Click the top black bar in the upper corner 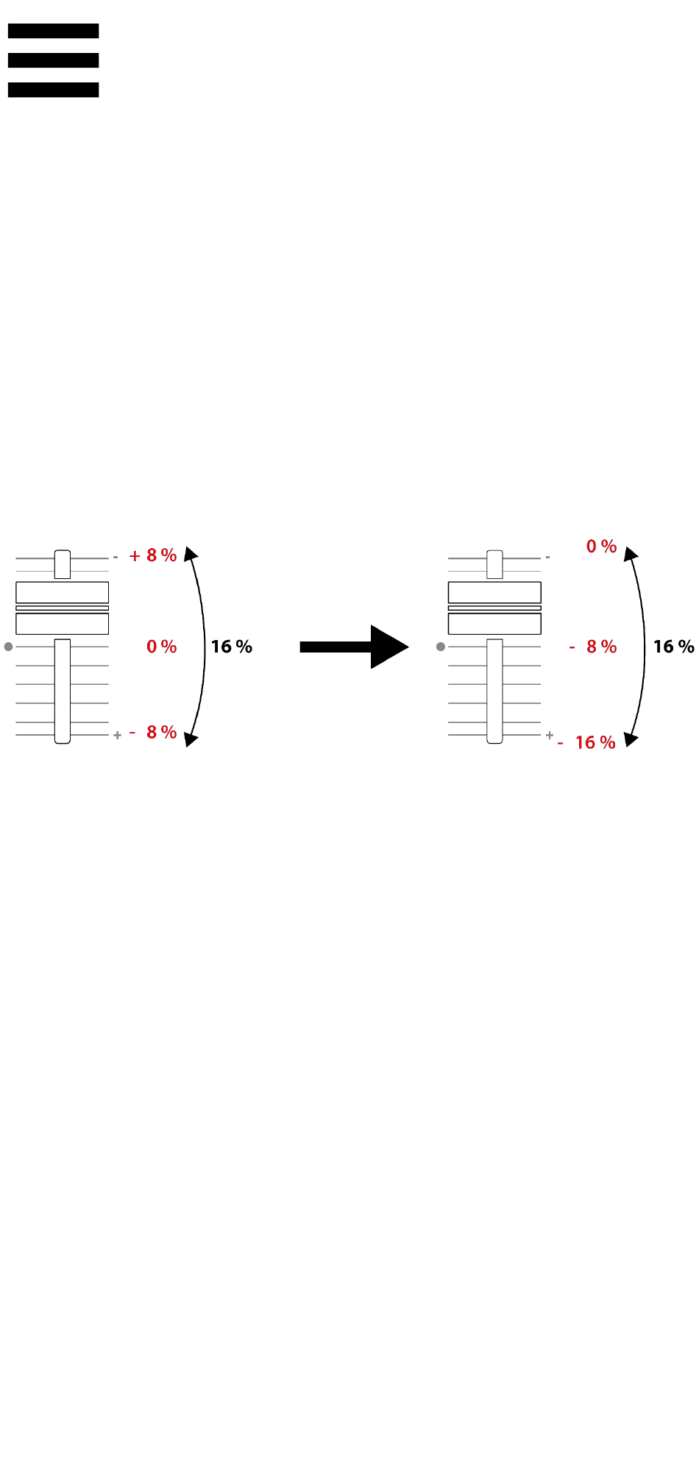pyautogui.click(x=53, y=31)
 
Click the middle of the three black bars pyautogui.click(x=53, y=60)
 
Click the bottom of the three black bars pyautogui.click(x=53, y=90)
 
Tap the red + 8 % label pyautogui.click(x=153, y=555)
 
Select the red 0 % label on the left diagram pyautogui.click(x=162, y=647)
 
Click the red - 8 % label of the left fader pyautogui.click(x=153, y=732)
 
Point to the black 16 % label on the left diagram pyautogui.click(x=231, y=647)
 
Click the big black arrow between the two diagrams pyautogui.click(x=354, y=647)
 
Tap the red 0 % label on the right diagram pyautogui.click(x=601, y=547)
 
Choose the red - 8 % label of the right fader pyautogui.click(x=593, y=647)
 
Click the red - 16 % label pyautogui.click(x=586, y=742)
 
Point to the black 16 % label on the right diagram pyautogui.click(x=673, y=647)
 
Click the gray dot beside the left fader pyautogui.click(x=8, y=647)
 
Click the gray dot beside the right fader pyautogui.click(x=441, y=647)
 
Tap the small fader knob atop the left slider pyautogui.click(x=63, y=564)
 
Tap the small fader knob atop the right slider pyautogui.click(x=495, y=564)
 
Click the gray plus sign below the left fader pyautogui.click(x=117, y=736)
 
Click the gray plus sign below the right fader pyautogui.click(x=550, y=735)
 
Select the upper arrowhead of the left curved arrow pyautogui.click(x=190, y=553)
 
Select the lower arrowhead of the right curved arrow pyautogui.click(x=631, y=739)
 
